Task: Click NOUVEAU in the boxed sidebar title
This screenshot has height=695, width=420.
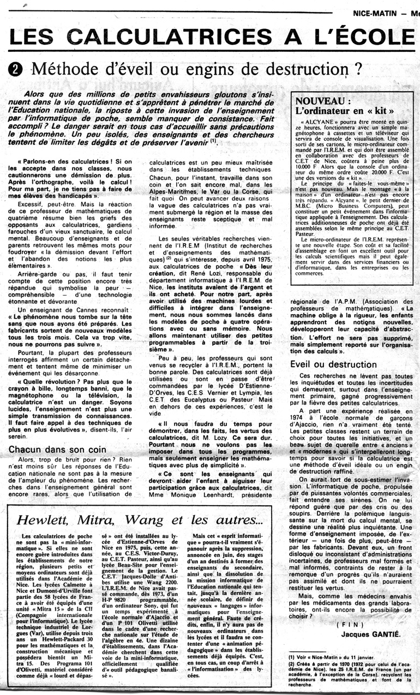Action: click(319, 102)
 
